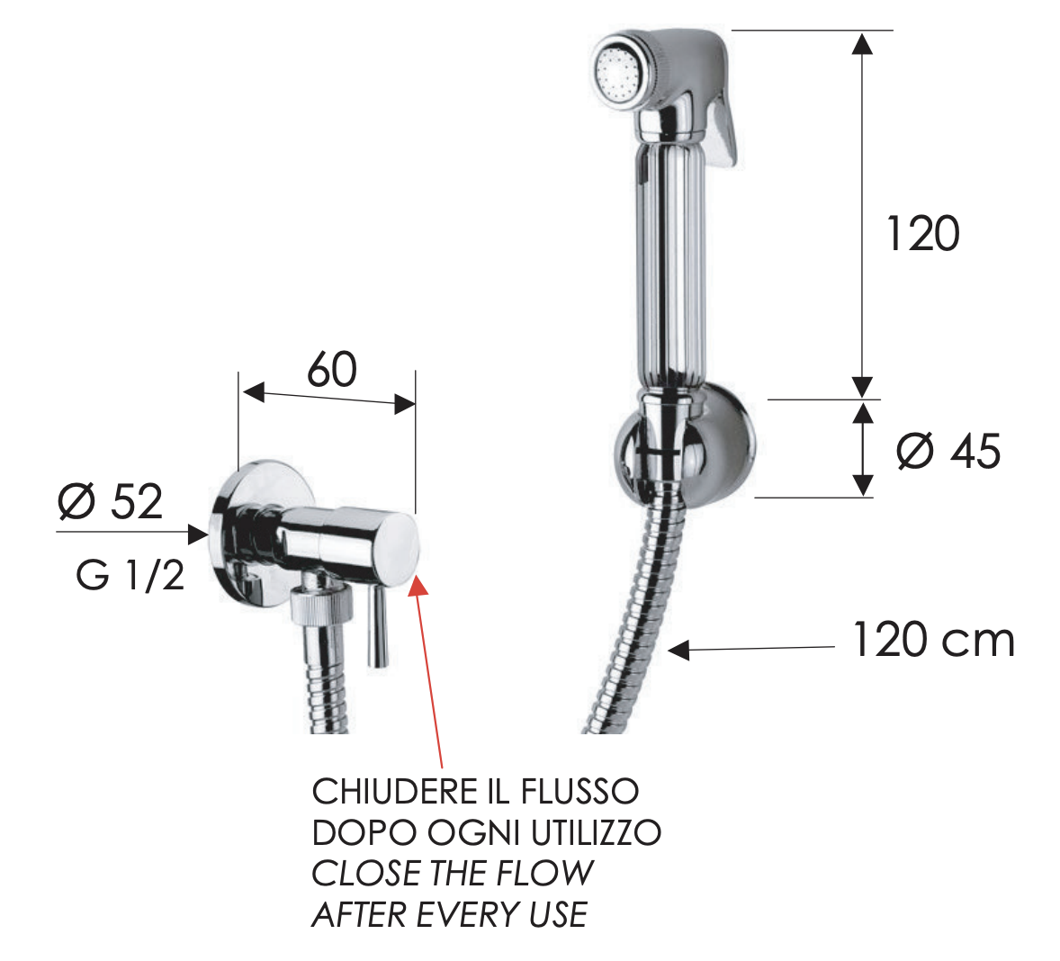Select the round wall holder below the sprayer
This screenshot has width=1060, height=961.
[x=684, y=446]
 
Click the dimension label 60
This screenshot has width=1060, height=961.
[x=332, y=370]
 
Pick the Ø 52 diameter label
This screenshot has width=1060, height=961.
[x=111, y=501]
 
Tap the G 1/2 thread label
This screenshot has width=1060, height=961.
[x=130, y=576]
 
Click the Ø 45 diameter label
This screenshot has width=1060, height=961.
[x=948, y=451]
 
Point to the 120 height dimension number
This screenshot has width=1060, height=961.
[x=922, y=233]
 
